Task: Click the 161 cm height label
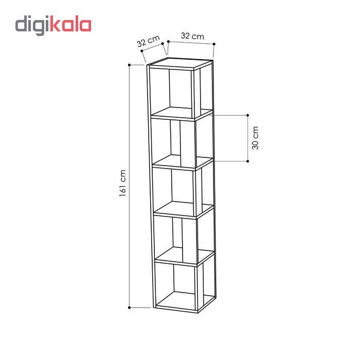(x=122, y=183)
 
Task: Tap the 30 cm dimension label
(x=255, y=138)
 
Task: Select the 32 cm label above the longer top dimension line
(x=192, y=36)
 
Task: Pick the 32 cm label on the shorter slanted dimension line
(x=148, y=41)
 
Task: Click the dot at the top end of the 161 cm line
(x=129, y=65)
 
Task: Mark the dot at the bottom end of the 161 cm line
(x=129, y=308)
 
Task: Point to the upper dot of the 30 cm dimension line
(x=248, y=115)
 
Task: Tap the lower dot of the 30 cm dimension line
(x=248, y=161)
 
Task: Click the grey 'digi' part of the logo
(x=32, y=25)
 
